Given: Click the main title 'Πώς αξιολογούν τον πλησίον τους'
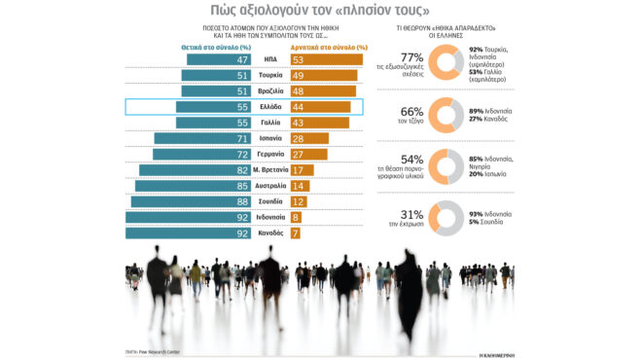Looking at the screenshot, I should coord(321,12).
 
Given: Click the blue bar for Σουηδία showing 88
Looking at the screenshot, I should coord(194,201).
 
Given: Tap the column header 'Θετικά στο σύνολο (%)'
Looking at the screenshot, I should coord(216,46).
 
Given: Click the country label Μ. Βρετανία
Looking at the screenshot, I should coord(269,170).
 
